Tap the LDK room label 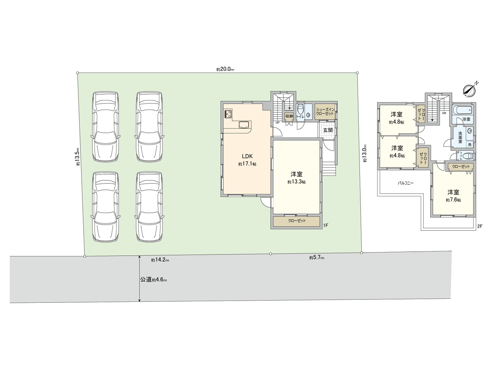[247, 156]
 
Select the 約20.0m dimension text [225, 69]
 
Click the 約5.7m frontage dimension [317, 258]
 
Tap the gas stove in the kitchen [228, 114]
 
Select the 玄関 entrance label [328, 130]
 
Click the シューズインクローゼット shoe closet [325, 112]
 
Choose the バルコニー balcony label [405, 183]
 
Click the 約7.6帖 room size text [453, 200]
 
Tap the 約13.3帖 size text [296, 182]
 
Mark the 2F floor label [480, 226]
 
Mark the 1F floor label [326, 225]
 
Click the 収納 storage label [289, 116]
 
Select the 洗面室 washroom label [460, 137]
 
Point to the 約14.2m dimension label [160, 260]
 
